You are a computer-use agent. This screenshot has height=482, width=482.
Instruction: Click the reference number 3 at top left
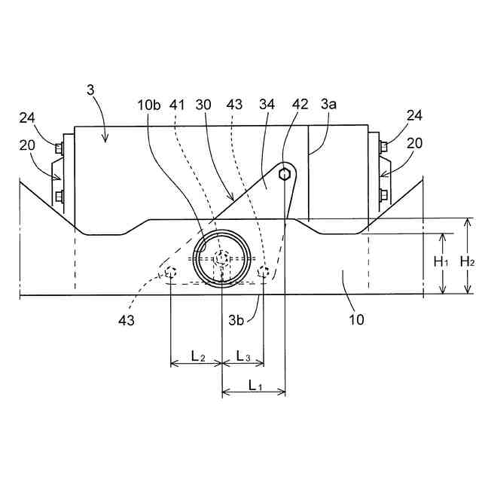(91, 90)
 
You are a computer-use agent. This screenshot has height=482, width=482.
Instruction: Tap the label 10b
(149, 104)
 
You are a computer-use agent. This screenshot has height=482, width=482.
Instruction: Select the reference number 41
(177, 104)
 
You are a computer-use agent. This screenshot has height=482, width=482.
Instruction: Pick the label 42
(299, 104)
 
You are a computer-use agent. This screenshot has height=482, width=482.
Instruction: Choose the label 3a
(329, 104)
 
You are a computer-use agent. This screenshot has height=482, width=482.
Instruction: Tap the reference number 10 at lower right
(356, 319)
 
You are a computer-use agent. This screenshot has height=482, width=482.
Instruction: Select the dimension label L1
(255, 385)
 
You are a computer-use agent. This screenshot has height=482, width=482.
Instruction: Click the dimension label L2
(197, 355)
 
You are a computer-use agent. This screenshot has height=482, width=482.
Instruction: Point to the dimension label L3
(243, 355)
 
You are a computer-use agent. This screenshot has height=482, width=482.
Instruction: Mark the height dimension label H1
(442, 261)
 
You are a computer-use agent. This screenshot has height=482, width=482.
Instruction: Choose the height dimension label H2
(467, 261)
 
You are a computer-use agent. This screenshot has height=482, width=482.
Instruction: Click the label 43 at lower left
(126, 320)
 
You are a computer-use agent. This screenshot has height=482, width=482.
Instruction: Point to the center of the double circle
(221, 258)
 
